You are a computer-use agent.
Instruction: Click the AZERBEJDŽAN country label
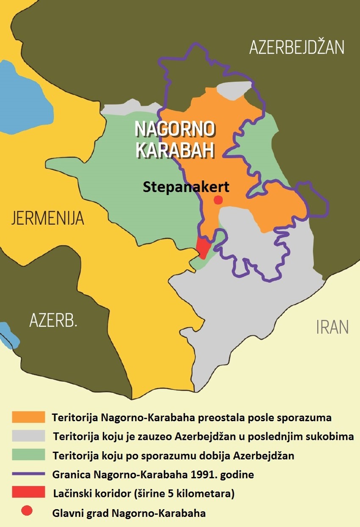(296, 47)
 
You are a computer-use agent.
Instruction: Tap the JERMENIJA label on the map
(48, 218)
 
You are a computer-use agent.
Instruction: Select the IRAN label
(332, 327)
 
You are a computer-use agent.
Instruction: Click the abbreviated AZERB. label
(53, 320)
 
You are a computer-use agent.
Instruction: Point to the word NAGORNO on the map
(174, 129)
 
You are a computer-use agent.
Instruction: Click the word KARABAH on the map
(174, 150)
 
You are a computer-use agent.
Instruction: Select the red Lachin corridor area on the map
(203, 247)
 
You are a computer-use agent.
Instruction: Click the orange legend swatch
(28, 417)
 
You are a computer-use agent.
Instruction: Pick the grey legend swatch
(28, 436)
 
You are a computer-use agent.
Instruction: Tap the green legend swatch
(28, 455)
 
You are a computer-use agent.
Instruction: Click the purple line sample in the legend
(28, 474)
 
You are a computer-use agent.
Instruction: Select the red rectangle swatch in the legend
(28, 493)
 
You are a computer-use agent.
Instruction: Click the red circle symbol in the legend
(27, 512)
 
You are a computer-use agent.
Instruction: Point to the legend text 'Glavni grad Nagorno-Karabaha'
(129, 513)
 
